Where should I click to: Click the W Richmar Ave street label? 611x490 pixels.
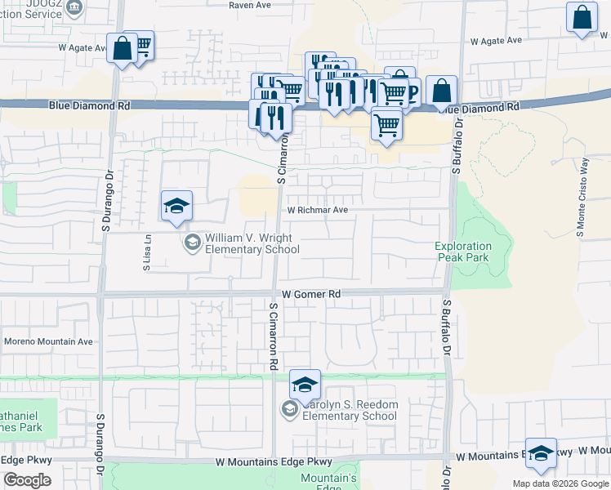[x=318, y=210]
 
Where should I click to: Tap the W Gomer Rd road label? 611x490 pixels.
[x=311, y=294]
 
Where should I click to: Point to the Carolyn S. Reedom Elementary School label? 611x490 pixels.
[x=350, y=410]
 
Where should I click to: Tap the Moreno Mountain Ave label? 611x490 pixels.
[x=49, y=341]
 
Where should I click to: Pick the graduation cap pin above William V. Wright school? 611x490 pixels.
[x=176, y=207]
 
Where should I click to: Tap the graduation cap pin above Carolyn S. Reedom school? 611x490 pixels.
[x=305, y=385]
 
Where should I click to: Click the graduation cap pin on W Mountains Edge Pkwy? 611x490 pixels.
[x=541, y=454]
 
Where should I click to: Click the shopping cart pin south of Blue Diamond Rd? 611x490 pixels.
[x=386, y=125]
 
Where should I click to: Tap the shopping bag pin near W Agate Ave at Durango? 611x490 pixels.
[x=122, y=48]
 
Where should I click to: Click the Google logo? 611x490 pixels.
[x=27, y=480]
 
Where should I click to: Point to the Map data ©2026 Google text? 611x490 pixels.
[x=560, y=483]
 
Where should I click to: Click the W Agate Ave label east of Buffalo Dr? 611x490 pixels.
[x=496, y=40]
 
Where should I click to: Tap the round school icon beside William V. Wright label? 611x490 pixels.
[x=192, y=243]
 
